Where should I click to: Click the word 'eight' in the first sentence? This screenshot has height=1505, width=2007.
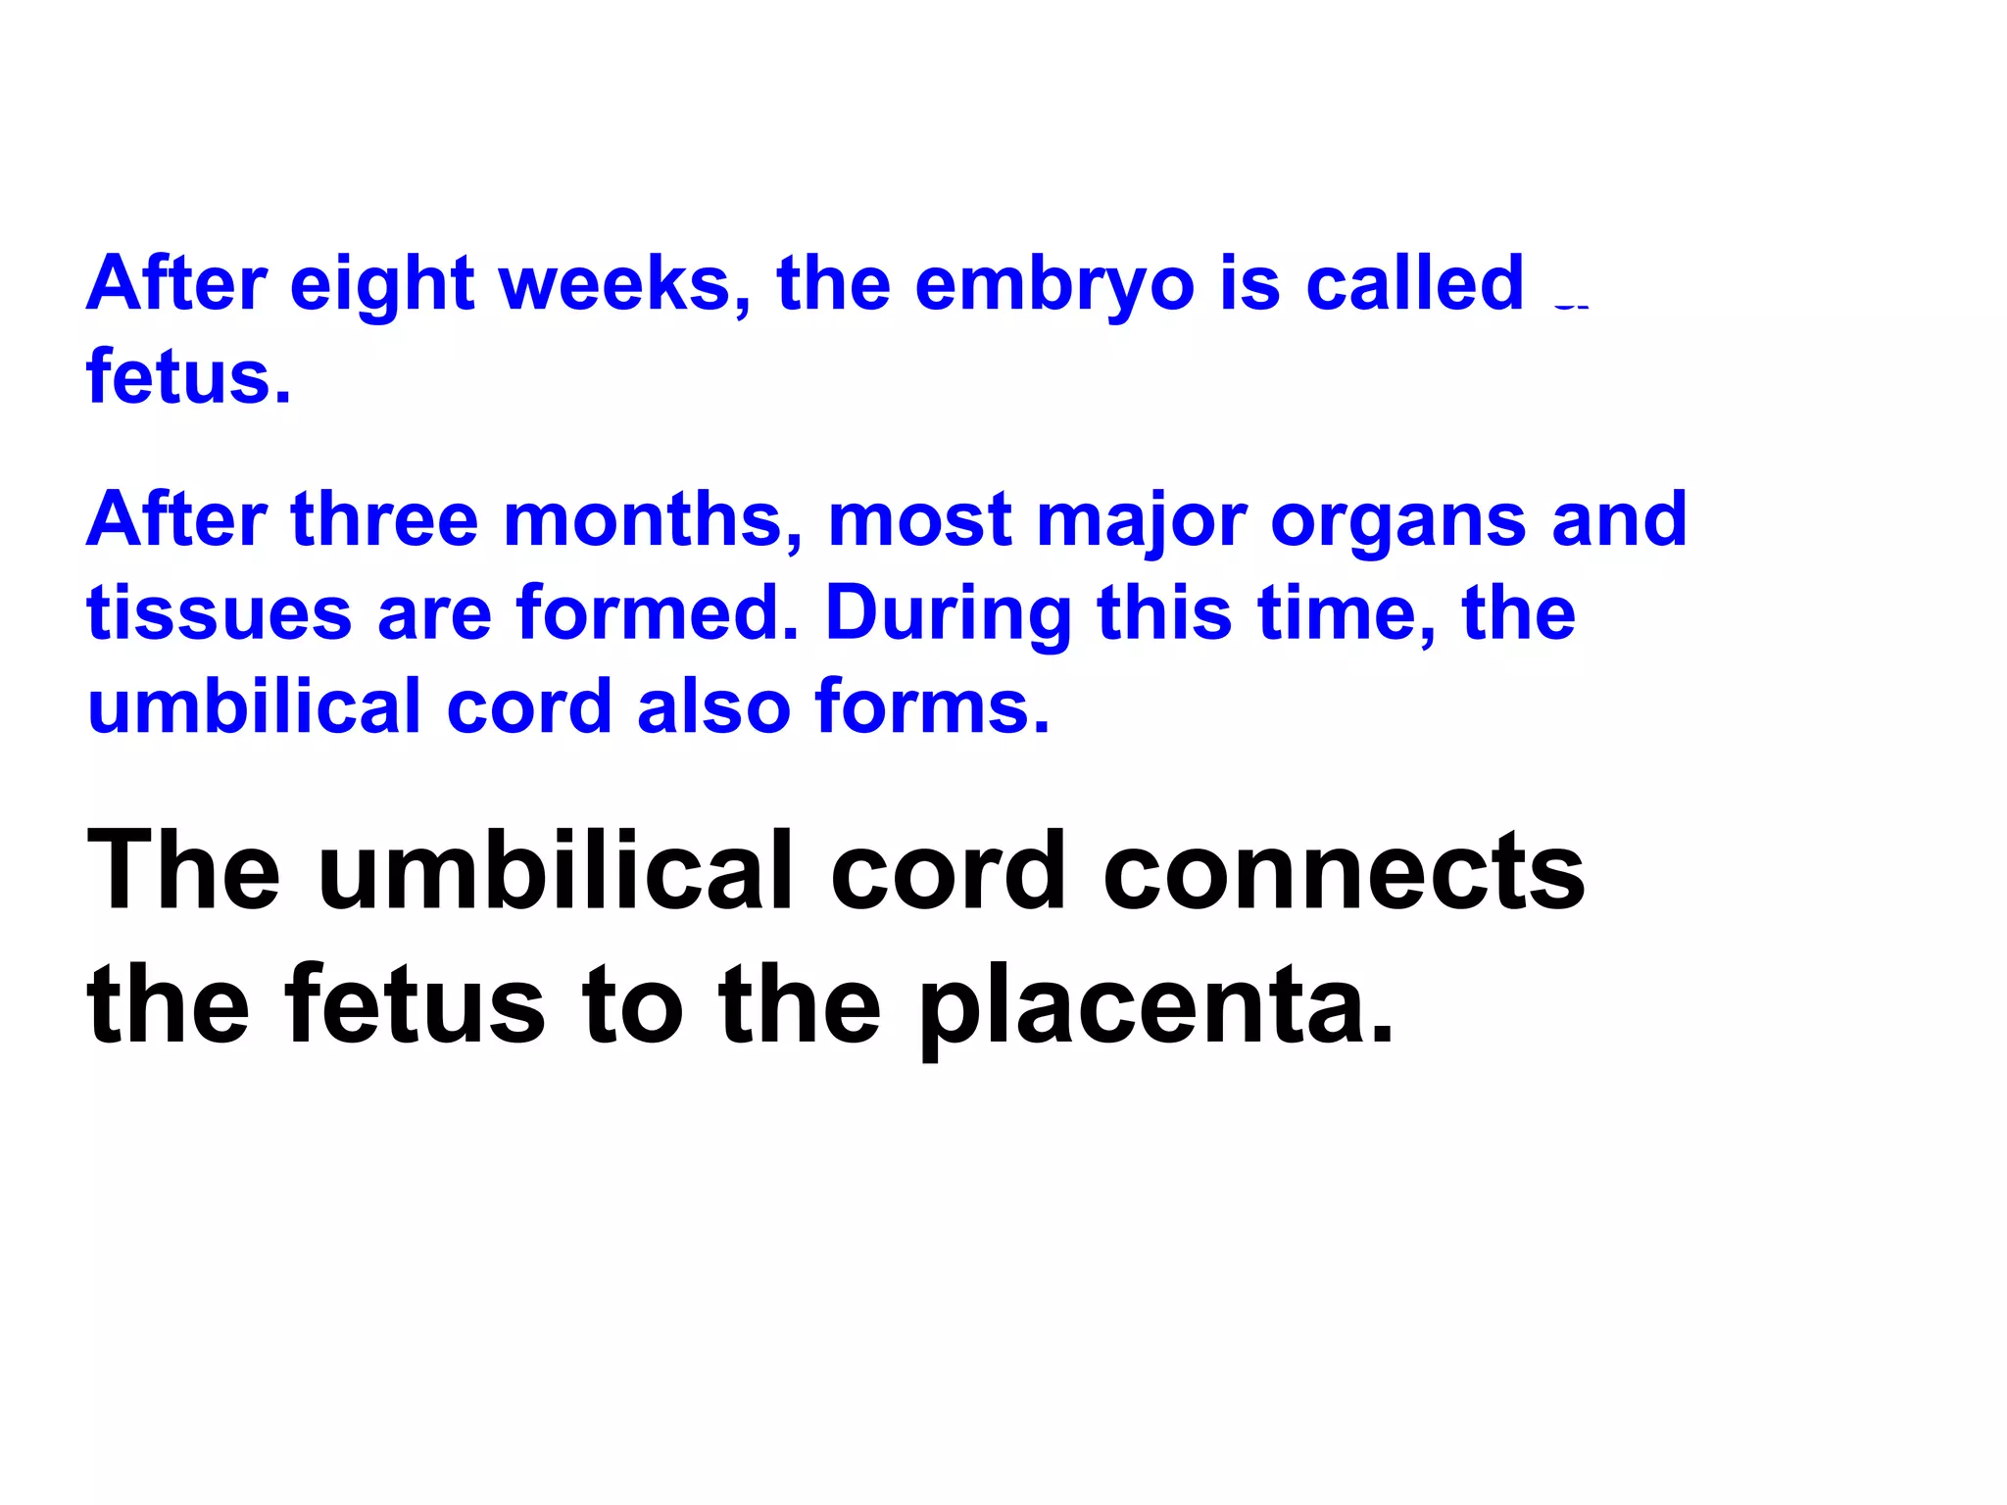(382, 285)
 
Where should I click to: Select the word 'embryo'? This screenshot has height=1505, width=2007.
(1054, 285)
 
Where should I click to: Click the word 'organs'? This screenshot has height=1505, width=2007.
(1398, 521)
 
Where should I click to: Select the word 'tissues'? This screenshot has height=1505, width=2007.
(219, 614)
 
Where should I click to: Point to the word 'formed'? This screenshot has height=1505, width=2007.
(658, 614)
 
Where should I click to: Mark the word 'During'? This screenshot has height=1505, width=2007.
(948, 614)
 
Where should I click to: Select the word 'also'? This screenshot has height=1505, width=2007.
(713, 706)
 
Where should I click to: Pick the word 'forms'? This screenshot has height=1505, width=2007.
(932, 706)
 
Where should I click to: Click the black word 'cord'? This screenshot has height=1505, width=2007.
(948, 870)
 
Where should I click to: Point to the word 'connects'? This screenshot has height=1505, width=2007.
(1344, 870)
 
